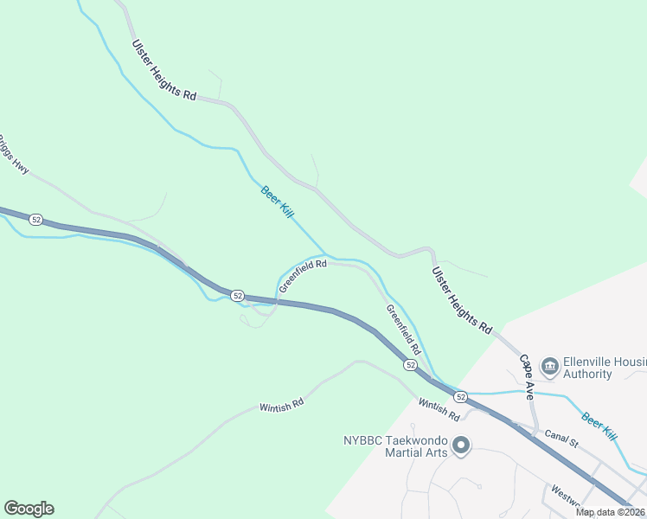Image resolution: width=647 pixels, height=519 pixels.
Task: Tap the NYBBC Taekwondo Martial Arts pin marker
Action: point(461,446)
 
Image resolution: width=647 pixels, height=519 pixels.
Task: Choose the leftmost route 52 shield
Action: point(35,220)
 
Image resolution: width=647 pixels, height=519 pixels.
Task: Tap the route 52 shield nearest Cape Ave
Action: point(460,397)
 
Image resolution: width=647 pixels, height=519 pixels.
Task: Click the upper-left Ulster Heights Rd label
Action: point(164,70)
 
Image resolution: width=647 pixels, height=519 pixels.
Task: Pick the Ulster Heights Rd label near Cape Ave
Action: point(462,300)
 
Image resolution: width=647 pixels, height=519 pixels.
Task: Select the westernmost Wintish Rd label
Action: point(282,405)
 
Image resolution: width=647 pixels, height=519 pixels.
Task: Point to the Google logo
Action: point(29,509)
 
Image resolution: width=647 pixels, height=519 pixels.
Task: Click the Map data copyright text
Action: point(610,512)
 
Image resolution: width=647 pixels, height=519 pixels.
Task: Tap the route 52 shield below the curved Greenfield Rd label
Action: point(237,295)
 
